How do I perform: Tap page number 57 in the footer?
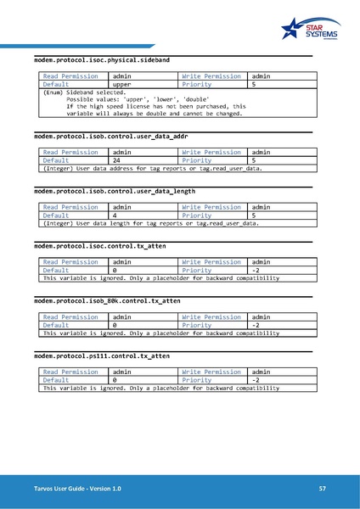pos(323,489)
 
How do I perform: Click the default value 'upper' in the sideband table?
pos(123,86)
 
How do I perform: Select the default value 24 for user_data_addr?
pos(117,159)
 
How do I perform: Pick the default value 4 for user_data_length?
pos(115,215)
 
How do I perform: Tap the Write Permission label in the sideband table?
pos(211,77)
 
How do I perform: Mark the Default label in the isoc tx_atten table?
pos(56,270)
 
